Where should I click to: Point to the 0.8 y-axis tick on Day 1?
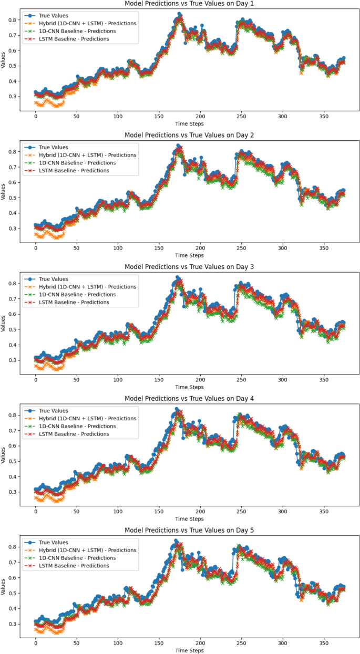pyautogui.click(x=12, y=19)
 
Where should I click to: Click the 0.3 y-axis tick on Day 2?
pyautogui.click(x=12, y=229)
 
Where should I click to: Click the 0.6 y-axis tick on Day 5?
pyautogui.click(x=12, y=577)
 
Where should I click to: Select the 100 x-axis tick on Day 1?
pyautogui.click(x=118, y=116)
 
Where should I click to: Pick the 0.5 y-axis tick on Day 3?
pyautogui.click(x=12, y=329)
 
